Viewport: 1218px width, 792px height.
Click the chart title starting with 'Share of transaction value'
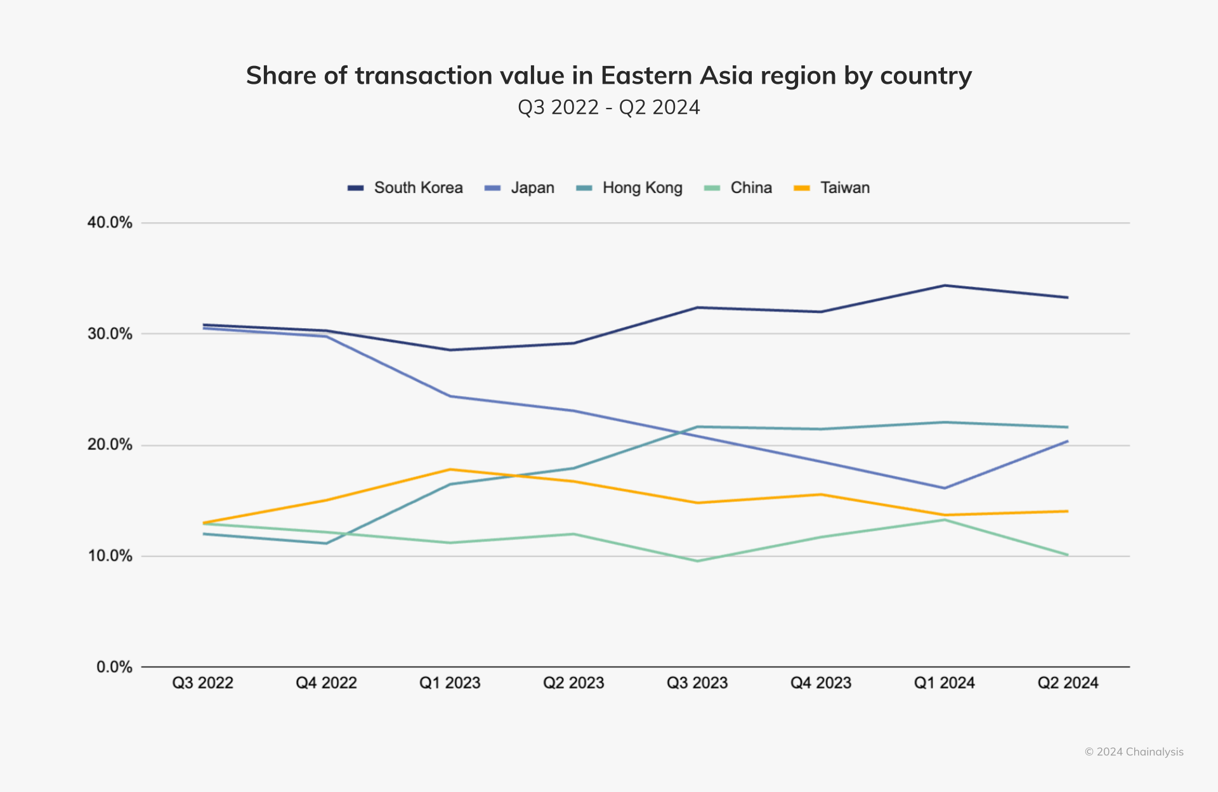pyautogui.click(x=608, y=76)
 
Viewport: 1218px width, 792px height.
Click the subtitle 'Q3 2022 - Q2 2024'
pyautogui.click(x=608, y=107)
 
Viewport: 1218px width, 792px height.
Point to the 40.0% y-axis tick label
pyautogui.click(x=110, y=223)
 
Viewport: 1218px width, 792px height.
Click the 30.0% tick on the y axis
pyautogui.click(x=110, y=334)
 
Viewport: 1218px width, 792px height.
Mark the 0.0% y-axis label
pyautogui.click(x=114, y=667)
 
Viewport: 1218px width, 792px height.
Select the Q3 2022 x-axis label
pyautogui.click(x=203, y=683)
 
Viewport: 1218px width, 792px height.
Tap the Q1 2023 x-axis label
pyautogui.click(x=450, y=683)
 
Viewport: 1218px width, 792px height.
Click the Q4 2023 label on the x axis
pyautogui.click(x=821, y=683)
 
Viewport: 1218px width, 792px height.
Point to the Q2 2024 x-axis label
pyautogui.click(x=1068, y=683)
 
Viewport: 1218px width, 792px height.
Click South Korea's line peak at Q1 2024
pyautogui.click(x=945, y=286)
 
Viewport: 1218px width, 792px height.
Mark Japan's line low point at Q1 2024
pyautogui.click(x=945, y=488)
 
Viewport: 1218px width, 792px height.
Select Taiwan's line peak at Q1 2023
pyautogui.click(x=450, y=470)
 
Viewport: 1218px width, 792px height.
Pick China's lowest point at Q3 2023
pyautogui.click(x=698, y=561)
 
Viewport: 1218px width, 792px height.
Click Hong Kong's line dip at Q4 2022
pyautogui.click(x=327, y=543)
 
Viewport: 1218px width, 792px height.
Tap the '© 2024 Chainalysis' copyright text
pyautogui.click(x=1134, y=752)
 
